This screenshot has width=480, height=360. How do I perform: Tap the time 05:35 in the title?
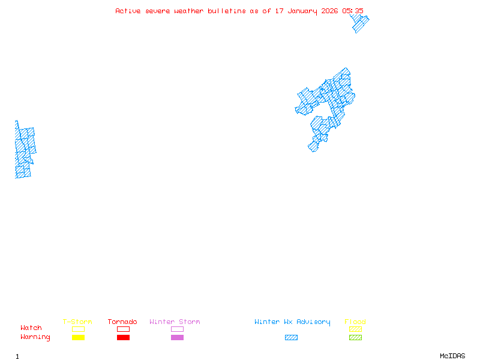click(x=353, y=11)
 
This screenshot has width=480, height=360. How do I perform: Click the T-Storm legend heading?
click(x=77, y=322)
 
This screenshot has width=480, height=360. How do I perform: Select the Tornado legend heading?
click(x=122, y=322)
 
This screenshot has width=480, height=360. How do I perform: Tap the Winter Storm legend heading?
click(x=175, y=322)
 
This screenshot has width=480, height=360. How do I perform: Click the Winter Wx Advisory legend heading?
click(x=292, y=322)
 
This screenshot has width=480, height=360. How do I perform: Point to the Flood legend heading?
click(x=355, y=322)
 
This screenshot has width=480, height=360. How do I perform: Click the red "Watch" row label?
click(x=31, y=328)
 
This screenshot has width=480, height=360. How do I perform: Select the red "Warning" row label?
click(x=35, y=337)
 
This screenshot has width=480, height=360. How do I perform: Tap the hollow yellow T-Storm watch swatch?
click(x=78, y=329)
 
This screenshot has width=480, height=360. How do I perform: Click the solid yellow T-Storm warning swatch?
click(x=78, y=337)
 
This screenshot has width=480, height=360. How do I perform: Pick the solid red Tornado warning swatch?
click(x=123, y=337)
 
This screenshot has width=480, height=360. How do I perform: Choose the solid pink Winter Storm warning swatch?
click(x=177, y=337)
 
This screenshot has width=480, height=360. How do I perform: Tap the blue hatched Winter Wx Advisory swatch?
click(x=291, y=337)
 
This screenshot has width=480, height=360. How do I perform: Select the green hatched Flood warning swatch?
click(x=355, y=337)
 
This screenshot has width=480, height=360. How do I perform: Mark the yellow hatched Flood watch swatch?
click(x=355, y=329)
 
